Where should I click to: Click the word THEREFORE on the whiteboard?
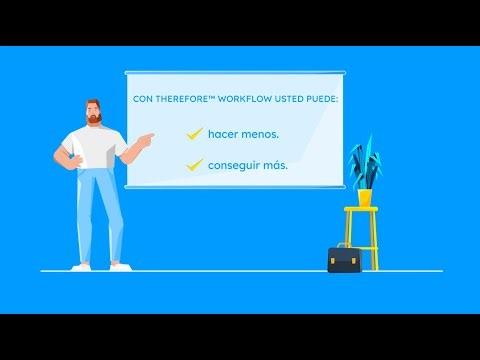coord(181,100)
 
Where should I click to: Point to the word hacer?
coord(224,133)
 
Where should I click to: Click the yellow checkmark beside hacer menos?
coord(194,132)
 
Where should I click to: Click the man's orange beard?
coord(94,118)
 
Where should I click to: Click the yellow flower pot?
coord(365,197)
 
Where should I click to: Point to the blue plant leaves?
coord(364,163)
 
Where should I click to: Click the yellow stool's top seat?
coord(361,210)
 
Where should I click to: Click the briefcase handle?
coord(344,245)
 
